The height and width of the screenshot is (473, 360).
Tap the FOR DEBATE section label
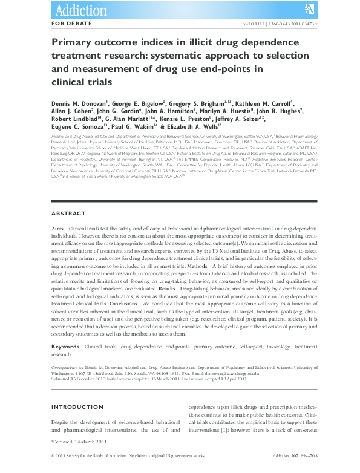tap(72, 23)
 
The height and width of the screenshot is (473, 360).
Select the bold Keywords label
tap(65, 347)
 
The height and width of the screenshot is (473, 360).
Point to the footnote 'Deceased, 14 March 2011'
tap(79, 442)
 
